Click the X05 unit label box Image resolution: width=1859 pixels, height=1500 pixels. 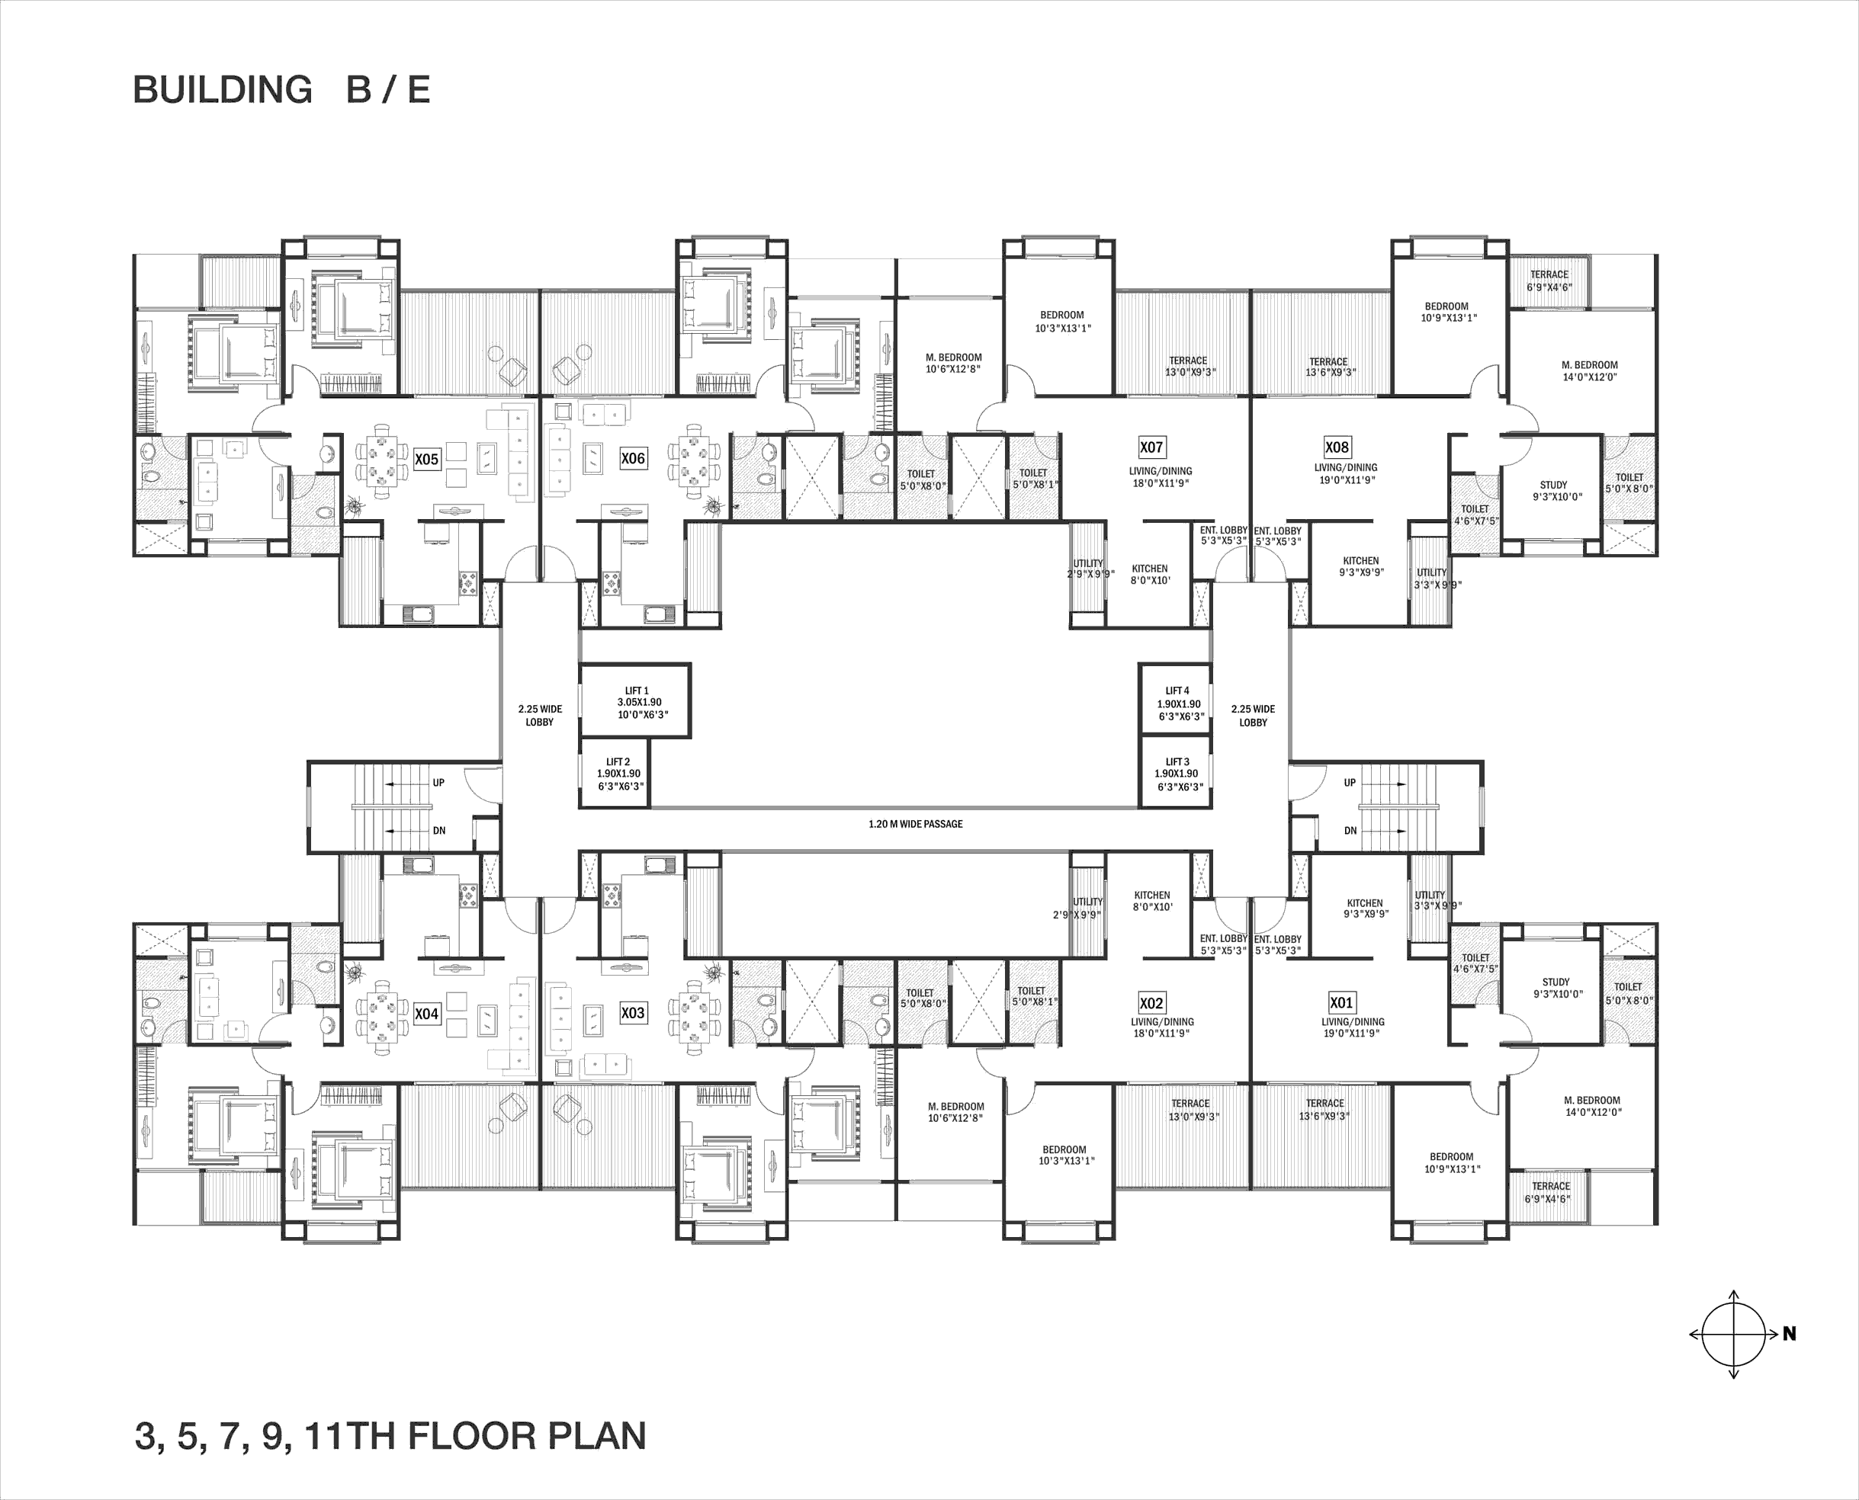427,459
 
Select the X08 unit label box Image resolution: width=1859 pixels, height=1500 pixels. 1337,447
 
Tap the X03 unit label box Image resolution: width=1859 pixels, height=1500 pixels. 633,1013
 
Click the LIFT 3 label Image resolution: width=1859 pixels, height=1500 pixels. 1178,774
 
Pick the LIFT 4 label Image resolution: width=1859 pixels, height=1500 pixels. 1179,704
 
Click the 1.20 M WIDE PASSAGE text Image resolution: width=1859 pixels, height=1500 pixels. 915,823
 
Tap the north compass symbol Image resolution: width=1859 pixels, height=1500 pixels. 1734,1334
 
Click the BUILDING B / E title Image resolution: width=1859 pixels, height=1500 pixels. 281,90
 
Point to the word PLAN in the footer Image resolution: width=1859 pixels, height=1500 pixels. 597,1435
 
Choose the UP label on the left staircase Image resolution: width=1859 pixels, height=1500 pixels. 439,783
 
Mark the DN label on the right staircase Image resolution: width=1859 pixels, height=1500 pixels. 1350,830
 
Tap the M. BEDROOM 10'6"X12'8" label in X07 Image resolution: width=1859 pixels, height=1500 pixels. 953,363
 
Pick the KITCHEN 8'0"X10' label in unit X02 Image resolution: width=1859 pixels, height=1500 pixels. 1152,901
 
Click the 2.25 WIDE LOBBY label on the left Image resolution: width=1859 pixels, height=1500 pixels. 539,716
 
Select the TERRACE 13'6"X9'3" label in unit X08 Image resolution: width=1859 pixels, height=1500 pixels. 1329,367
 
